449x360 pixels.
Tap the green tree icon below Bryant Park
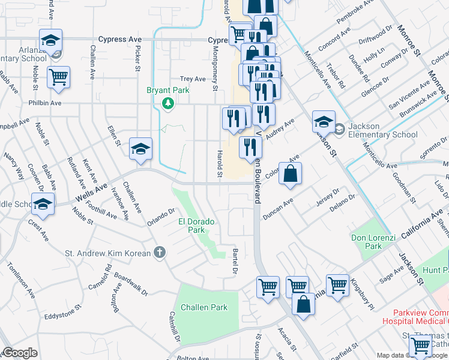click(169, 105)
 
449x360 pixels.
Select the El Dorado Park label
click(196, 225)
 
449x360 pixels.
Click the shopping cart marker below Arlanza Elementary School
click(59, 77)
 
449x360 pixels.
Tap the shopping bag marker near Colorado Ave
click(290, 175)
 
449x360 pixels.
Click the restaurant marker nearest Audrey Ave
click(264, 114)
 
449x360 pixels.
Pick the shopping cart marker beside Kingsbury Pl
click(337, 286)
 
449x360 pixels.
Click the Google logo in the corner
click(19, 353)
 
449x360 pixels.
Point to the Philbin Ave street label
click(46, 103)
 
